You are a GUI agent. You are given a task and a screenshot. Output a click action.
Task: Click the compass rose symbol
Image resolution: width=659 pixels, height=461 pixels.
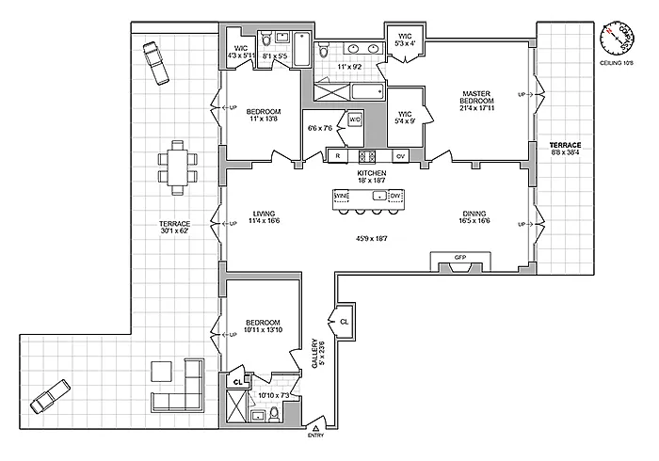pos(617,39)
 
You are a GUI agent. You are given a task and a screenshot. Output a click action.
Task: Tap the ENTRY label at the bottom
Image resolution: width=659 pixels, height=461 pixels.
pos(314,436)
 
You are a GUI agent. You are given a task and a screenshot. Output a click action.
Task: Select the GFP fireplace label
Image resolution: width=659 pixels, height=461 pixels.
pos(460,256)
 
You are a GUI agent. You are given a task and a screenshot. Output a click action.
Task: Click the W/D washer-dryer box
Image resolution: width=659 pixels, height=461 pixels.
pos(355,120)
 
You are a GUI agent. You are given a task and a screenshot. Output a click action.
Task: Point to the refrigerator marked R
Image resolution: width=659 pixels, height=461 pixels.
pos(337,155)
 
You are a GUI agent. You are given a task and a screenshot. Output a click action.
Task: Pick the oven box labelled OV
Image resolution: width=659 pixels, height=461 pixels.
pos(400,155)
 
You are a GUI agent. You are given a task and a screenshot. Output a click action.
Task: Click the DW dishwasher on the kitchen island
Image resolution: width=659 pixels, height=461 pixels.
pos(396,196)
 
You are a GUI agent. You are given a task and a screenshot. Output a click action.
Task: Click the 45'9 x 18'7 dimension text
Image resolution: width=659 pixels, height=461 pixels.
pos(371,240)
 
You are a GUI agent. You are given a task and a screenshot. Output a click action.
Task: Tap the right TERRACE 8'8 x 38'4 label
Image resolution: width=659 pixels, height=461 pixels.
pos(566,149)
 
